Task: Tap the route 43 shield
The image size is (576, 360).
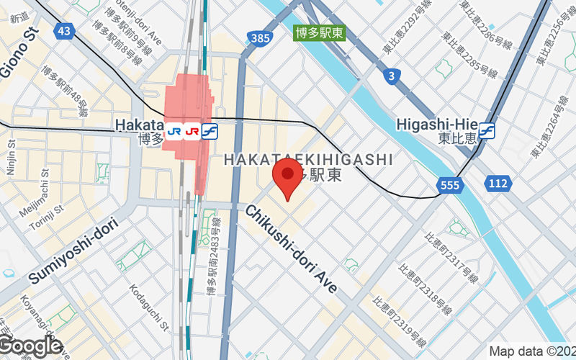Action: click(x=64, y=30)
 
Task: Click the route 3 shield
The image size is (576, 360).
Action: click(x=392, y=76)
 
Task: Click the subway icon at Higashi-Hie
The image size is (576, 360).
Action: click(x=488, y=130)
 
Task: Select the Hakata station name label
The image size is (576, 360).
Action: click(x=138, y=126)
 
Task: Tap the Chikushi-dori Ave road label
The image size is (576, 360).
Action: click(x=291, y=248)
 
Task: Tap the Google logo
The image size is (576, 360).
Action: click(x=30, y=346)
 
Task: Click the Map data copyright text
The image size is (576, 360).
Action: click(x=532, y=351)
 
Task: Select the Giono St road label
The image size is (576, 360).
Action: click(x=17, y=48)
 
